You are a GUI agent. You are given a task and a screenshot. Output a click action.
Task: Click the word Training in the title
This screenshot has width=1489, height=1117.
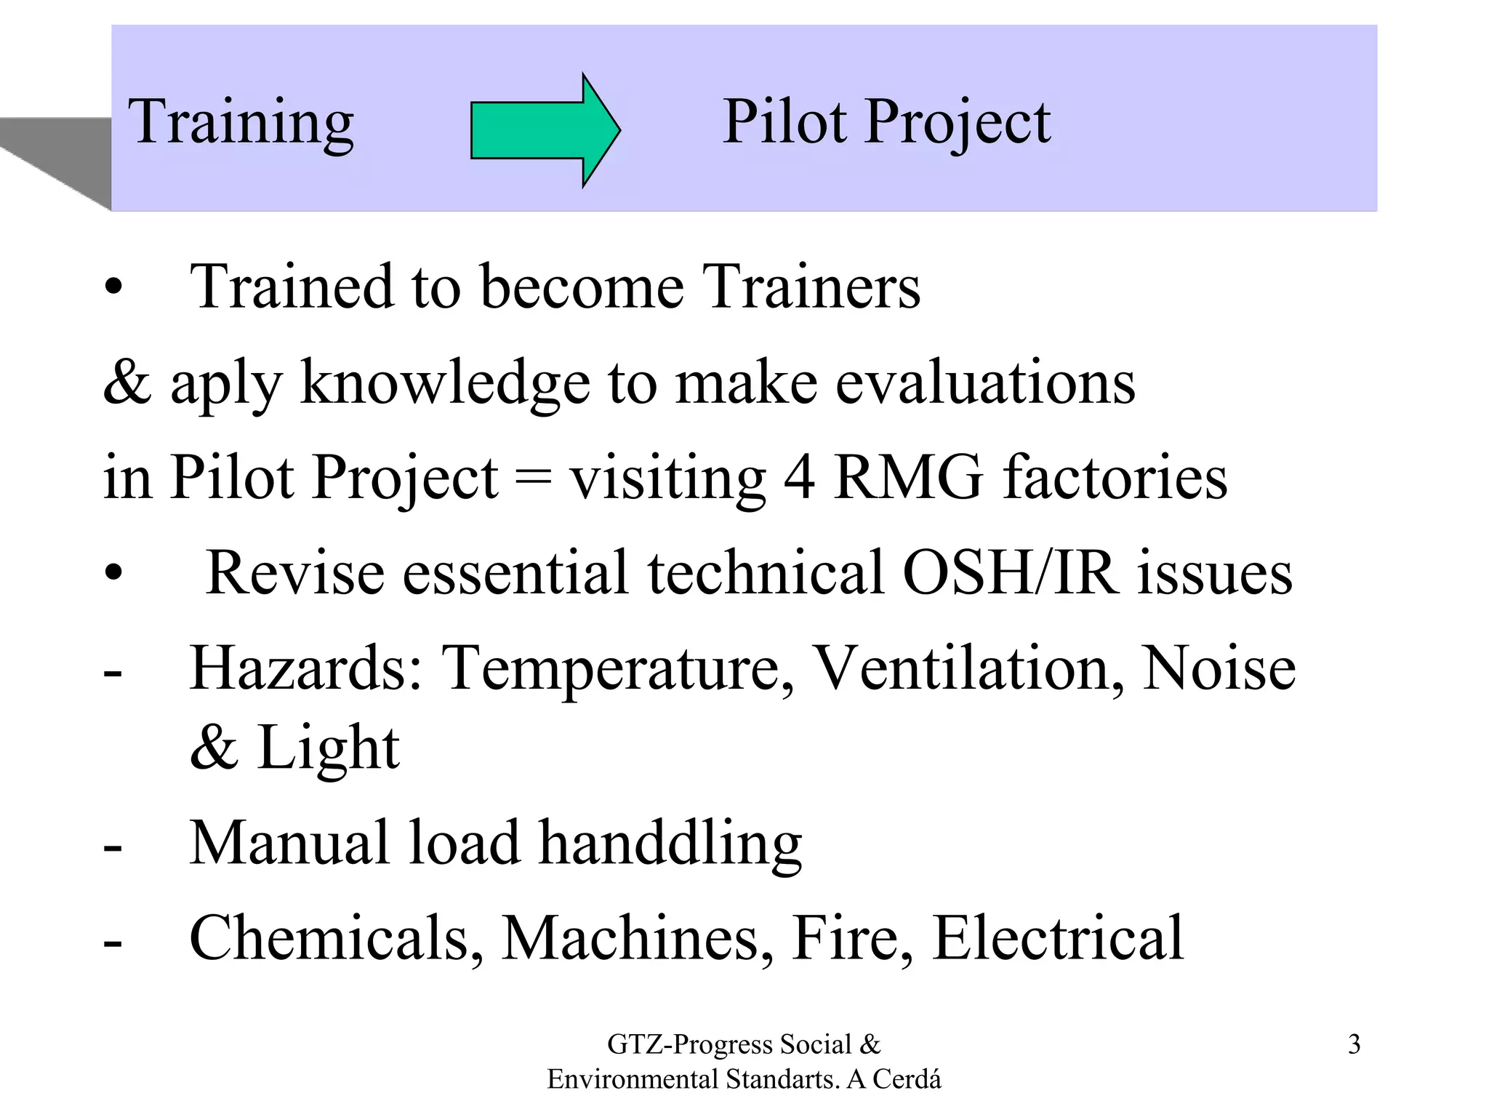(x=241, y=122)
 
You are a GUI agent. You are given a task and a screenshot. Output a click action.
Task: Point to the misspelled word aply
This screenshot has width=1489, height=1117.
(x=225, y=384)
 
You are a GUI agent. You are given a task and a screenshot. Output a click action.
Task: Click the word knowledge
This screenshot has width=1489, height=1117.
(x=445, y=383)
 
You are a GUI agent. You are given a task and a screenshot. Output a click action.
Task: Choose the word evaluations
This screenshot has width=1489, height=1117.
(x=985, y=383)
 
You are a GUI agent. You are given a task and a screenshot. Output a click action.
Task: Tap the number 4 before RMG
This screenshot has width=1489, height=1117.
(x=799, y=478)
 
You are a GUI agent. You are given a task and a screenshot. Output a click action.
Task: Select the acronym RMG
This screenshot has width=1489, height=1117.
(x=908, y=478)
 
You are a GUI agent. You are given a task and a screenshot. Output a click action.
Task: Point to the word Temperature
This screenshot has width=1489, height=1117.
(x=618, y=669)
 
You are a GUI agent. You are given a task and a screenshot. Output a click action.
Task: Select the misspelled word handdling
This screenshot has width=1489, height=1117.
(x=670, y=844)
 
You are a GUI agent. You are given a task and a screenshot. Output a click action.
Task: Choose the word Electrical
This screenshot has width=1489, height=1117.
(x=1058, y=938)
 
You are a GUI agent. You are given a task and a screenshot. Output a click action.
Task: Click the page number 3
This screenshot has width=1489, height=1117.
(x=1354, y=1044)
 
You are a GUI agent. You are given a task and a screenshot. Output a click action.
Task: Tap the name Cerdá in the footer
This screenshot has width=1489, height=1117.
(x=907, y=1079)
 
